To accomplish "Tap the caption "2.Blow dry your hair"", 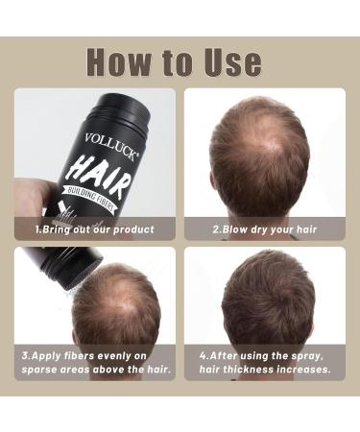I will click(264, 230).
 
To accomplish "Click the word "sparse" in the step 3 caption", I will click(45, 369).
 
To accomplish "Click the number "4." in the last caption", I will click(204, 353).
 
